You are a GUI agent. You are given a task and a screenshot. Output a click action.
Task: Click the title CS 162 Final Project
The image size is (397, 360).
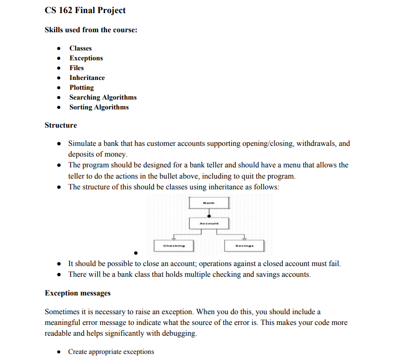click(85, 10)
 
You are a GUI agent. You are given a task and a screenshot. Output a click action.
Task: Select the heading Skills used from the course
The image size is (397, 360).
click(91, 30)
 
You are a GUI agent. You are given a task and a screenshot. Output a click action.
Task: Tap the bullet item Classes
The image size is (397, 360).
click(80, 48)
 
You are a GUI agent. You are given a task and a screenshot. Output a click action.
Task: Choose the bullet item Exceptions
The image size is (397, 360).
click(86, 58)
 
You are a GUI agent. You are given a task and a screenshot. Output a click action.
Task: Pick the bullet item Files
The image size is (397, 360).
click(77, 68)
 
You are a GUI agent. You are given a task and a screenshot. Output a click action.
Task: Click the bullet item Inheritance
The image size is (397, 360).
click(87, 78)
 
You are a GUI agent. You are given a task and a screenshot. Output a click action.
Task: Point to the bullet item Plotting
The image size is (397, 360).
click(81, 87)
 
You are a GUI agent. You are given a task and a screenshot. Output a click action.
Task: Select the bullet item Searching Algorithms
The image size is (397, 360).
click(103, 97)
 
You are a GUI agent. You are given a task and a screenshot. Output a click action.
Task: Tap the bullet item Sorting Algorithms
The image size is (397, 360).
click(99, 107)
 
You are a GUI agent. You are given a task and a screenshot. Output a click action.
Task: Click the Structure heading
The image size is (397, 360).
click(61, 125)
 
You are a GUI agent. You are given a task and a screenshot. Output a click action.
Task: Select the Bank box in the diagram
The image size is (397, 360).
click(209, 203)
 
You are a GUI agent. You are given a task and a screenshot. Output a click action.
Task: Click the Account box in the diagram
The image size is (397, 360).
click(209, 223)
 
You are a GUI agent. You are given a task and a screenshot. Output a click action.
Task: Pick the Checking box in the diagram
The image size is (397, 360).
click(174, 245)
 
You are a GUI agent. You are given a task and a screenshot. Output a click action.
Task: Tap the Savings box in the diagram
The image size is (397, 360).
click(244, 245)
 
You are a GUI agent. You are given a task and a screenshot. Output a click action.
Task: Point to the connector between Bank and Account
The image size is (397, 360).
click(209, 213)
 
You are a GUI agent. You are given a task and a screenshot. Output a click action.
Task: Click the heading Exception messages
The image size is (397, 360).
click(78, 293)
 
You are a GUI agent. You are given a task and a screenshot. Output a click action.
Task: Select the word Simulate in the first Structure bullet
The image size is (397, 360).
click(82, 144)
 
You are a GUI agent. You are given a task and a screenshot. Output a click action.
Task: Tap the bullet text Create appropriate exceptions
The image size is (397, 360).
click(111, 352)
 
